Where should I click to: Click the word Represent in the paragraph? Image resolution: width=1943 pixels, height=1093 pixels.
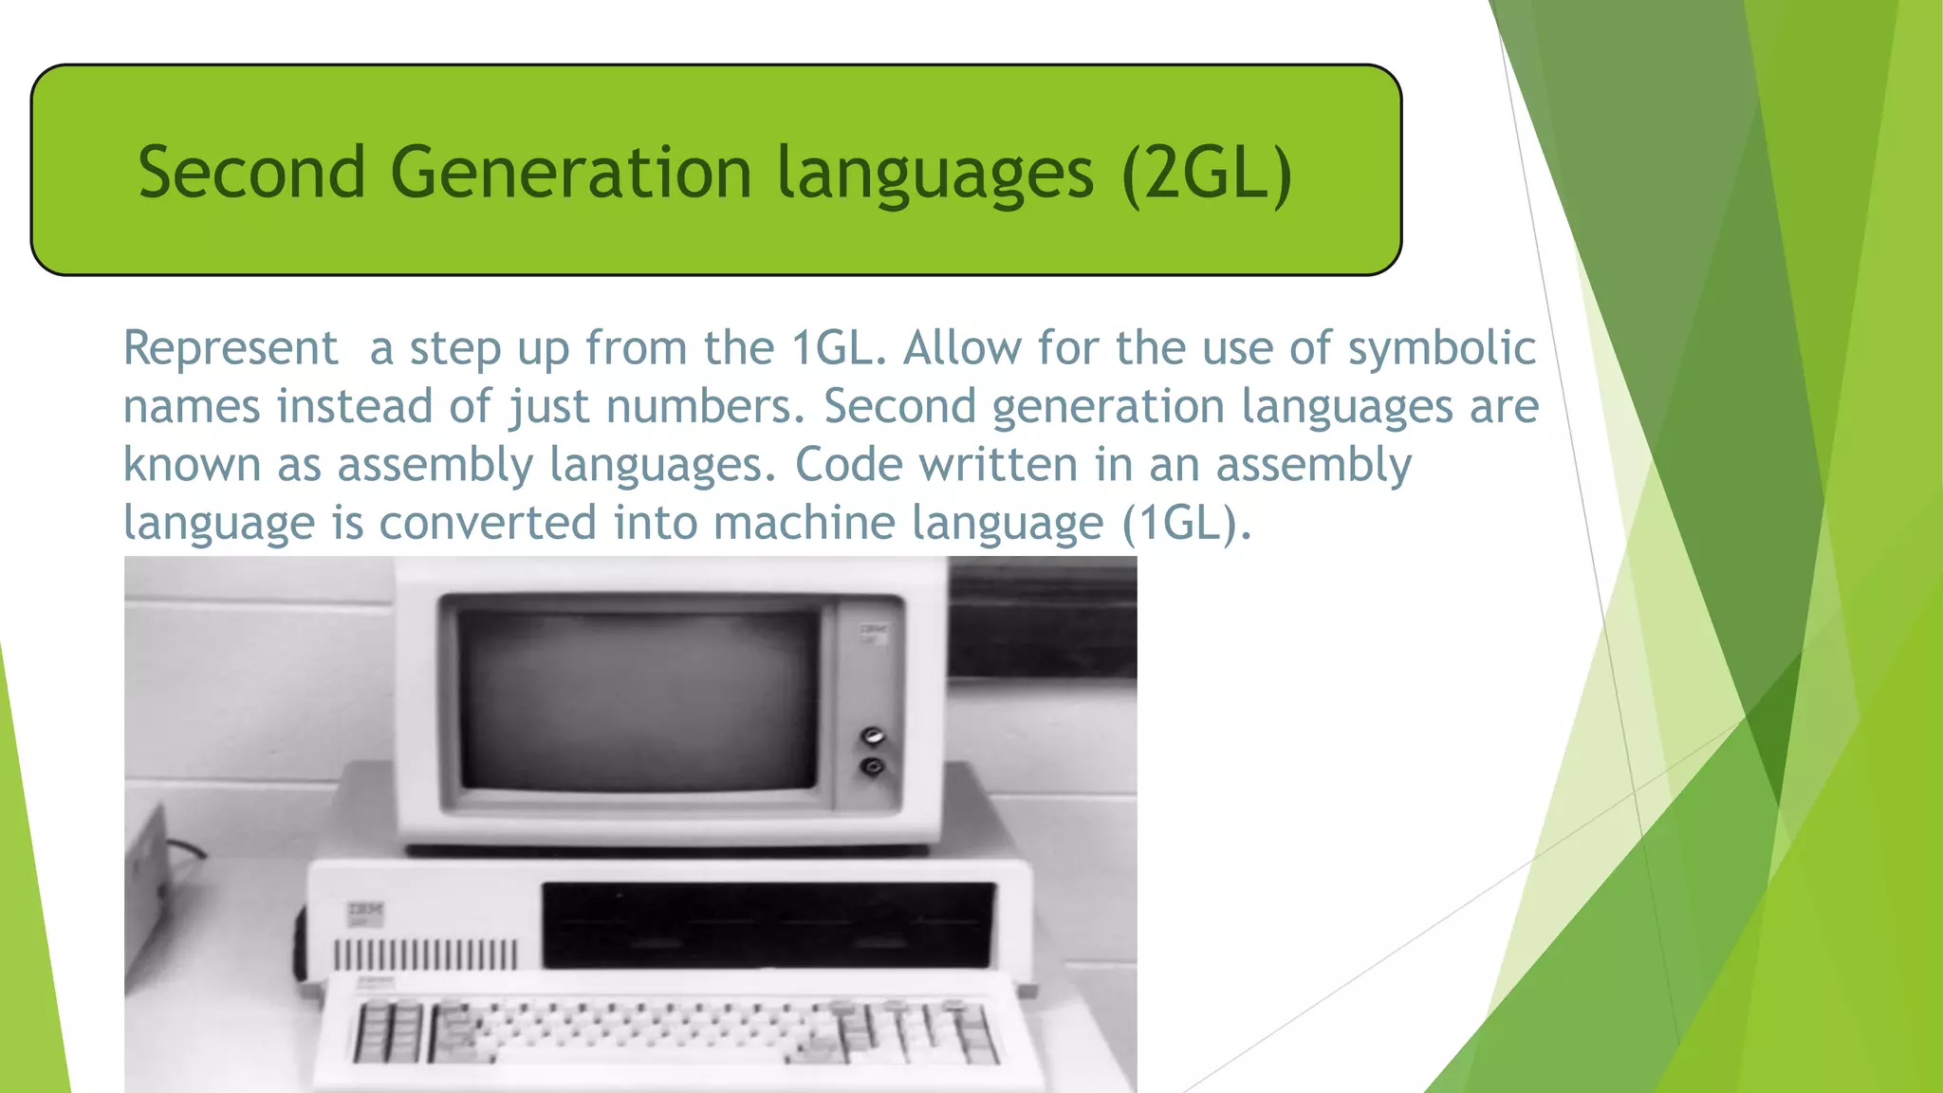(x=231, y=348)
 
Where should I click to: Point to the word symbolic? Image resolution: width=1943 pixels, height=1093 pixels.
(x=1441, y=348)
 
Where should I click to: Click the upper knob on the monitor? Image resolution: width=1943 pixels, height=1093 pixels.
(x=872, y=736)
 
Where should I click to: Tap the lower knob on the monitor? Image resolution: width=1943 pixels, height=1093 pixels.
(x=872, y=766)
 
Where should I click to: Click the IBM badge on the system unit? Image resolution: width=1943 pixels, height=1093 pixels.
(x=365, y=914)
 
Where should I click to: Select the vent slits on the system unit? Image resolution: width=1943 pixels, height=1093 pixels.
(x=425, y=953)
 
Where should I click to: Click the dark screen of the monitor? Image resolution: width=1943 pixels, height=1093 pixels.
(x=638, y=698)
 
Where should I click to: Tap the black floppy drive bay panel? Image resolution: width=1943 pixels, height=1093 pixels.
(x=768, y=924)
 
